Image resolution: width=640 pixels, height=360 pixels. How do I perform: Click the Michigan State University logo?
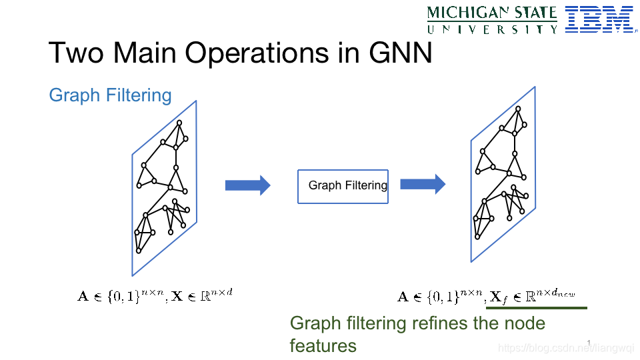point(492,19)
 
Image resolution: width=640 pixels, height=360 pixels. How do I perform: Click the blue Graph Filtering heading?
point(110,95)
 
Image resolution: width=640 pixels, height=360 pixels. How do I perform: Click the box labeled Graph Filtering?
point(343,185)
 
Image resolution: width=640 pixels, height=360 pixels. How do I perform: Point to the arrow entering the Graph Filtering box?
point(247,185)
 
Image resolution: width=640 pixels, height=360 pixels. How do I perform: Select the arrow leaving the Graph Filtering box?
point(422,185)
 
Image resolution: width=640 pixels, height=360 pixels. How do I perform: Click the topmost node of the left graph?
point(179,123)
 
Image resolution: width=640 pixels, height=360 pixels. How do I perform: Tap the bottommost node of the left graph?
point(139,251)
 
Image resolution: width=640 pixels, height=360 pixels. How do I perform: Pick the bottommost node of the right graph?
point(477,237)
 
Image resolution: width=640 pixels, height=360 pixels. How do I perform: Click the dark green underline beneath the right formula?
point(537,308)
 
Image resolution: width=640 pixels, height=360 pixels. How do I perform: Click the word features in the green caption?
point(323,345)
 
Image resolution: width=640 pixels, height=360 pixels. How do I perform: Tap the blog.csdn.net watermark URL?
point(559,347)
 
